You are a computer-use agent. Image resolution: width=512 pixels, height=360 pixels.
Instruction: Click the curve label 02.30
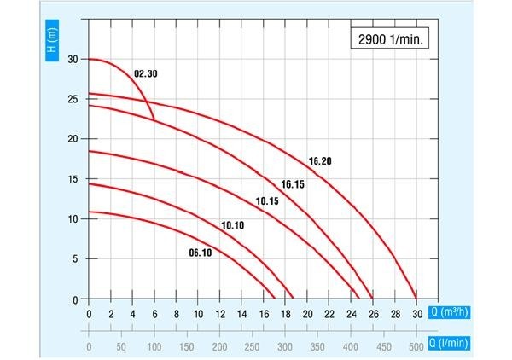[146, 74]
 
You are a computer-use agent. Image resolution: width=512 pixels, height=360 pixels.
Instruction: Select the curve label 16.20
[319, 160]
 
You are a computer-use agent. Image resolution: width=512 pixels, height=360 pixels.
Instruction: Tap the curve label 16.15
[294, 184]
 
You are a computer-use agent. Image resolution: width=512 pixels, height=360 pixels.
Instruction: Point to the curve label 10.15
[268, 201]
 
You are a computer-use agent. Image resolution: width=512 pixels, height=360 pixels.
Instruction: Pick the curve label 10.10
[233, 225]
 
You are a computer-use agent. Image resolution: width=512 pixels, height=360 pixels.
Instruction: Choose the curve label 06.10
[200, 252]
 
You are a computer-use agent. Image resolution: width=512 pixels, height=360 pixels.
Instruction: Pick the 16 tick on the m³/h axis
[264, 313]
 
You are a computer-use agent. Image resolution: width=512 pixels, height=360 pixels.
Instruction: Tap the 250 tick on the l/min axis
[253, 347]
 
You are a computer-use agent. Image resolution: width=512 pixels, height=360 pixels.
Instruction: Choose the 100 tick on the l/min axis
[154, 347]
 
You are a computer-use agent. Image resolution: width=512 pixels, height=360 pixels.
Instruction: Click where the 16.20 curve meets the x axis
[416, 299]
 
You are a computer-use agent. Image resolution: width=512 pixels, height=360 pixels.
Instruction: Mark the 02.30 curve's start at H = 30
[90, 60]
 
